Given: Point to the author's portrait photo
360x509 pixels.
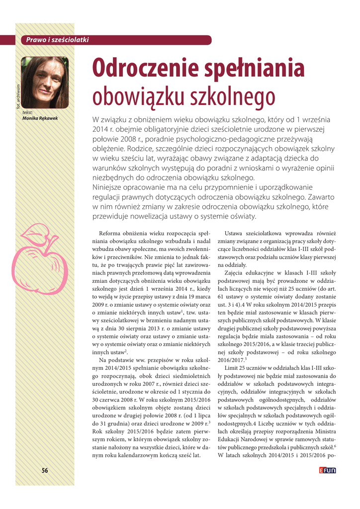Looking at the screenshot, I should pyautogui.click(x=45, y=83).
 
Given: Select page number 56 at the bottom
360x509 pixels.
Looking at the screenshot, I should pyautogui.click(x=45, y=471).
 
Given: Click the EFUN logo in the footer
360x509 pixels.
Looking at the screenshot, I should pyautogui.click(x=327, y=470).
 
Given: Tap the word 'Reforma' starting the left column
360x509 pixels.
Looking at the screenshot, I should pyautogui.click(x=112, y=233).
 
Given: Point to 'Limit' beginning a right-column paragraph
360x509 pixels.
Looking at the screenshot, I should pyautogui.click(x=232, y=367).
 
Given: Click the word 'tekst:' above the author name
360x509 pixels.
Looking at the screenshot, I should pyautogui.click(x=28, y=113).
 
